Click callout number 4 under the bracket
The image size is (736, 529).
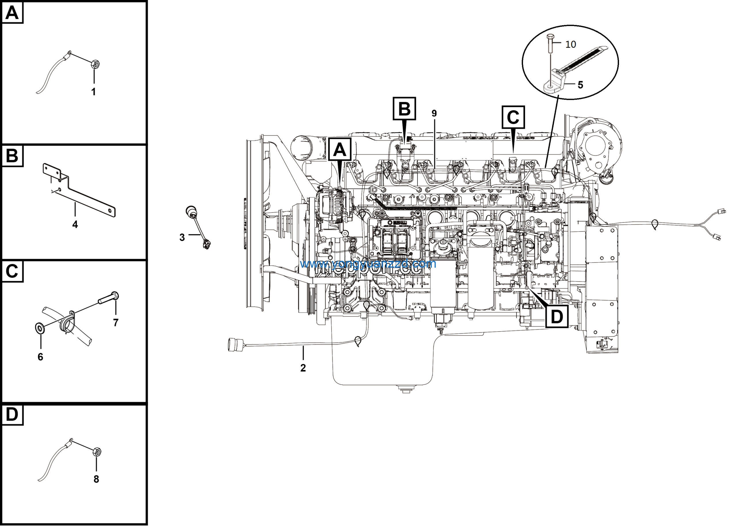75,225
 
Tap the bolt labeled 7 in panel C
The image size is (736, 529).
109,298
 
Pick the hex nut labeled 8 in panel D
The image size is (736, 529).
97,452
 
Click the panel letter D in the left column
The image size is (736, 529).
12,415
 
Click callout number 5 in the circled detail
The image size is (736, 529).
580,85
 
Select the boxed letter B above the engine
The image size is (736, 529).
404,109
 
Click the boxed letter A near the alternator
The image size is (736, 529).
340,149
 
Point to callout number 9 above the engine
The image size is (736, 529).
434,114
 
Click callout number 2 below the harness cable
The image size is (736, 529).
303,368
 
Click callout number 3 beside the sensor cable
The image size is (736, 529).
182,237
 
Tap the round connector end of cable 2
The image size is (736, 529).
233,345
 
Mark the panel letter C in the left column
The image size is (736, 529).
12,272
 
